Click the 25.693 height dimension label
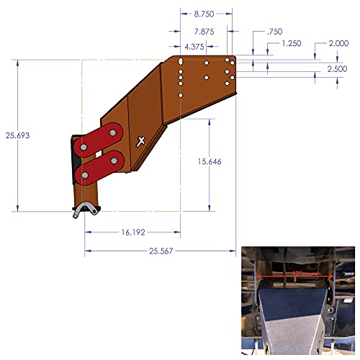pos(19,135)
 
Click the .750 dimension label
pos(274,31)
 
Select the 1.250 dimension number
pos(292,44)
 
